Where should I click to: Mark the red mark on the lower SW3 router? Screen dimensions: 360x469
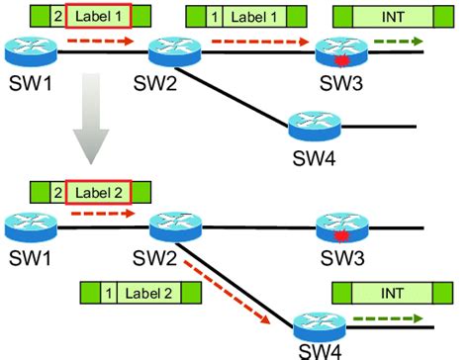coord(341,235)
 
